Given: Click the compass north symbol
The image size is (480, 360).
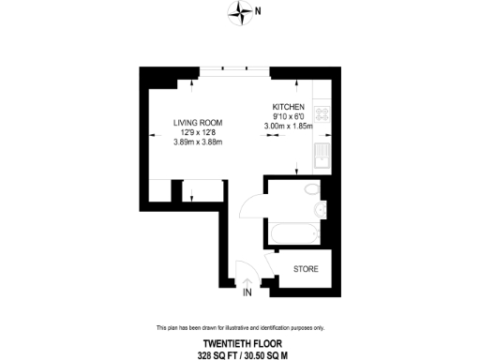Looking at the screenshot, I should coord(244,12).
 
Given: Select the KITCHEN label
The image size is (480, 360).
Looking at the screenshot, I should coord(289,107).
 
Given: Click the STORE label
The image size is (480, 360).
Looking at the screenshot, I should coord(306,269).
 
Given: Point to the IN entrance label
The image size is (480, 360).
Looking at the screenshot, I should coord(247,293).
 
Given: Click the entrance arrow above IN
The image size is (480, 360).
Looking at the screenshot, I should coord(247,278).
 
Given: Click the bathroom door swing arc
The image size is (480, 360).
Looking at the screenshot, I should coord(251,204).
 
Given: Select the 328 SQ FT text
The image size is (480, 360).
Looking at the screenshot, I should coord(218,354).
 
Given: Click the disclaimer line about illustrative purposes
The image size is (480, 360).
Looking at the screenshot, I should coord(240,327).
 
